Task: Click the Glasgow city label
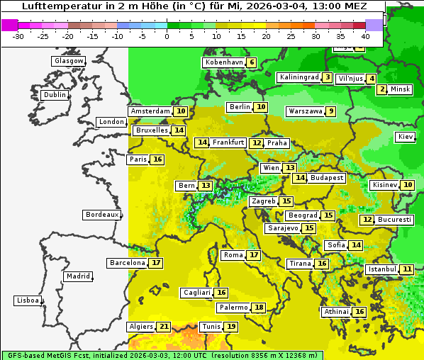pyautogui.click(x=68, y=61)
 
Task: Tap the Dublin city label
pyautogui.click(x=54, y=95)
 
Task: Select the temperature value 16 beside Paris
pyautogui.click(x=157, y=159)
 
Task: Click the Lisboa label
pyautogui.click(x=27, y=300)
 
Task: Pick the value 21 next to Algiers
pyautogui.click(x=164, y=327)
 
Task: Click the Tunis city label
pyautogui.click(x=211, y=327)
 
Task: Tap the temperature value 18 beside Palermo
pyautogui.click(x=260, y=308)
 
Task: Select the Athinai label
pyautogui.click(x=336, y=312)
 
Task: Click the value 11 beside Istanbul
pyautogui.click(x=407, y=269)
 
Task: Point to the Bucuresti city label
pyautogui.click(x=394, y=220)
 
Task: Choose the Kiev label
pyautogui.click(x=406, y=137)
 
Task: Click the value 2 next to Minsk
pyautogui.click(x=382, y=89)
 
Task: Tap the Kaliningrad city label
pyautogui.click(x=299, y=77)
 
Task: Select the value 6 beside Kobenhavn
pyautogui.click(x=252, y=62)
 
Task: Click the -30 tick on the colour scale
pyautogui.click(x=18, y=36)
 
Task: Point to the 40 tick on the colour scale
pyautogui.click(x=365, y=36)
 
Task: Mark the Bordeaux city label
pyautogui.click(x=101, y=215)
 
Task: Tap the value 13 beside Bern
pyautogui.click(x=206, y=186)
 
